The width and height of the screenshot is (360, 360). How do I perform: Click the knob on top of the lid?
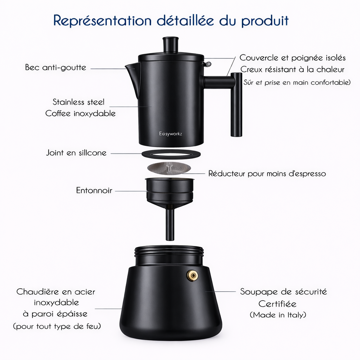click(171, 45)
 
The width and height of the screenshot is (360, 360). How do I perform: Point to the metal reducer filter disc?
click(169, 168)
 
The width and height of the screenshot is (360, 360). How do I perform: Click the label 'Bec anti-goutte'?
click(56, 67)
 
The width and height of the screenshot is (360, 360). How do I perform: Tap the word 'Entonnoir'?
click(94, 191)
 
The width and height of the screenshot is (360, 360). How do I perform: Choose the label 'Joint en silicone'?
click(76, 153)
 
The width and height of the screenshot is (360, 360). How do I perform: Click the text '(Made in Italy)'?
click(278, 315)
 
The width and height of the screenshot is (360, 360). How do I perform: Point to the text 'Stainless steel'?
click(79, 102)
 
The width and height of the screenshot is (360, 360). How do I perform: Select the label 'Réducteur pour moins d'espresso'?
click(267, 174)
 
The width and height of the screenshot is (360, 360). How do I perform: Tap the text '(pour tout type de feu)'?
click(57, 326)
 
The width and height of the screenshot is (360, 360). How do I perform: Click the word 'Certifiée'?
click(277, 303)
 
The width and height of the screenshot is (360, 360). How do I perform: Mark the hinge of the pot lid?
click(208, 64)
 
